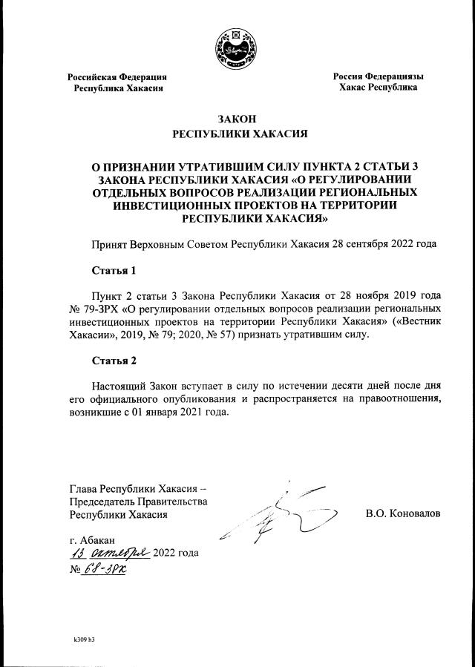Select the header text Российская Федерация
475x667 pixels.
(x=117, y=76)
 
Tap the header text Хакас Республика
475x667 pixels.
(x=378, y=88)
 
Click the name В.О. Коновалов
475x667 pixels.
(x=402, y=513)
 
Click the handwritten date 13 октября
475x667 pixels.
(x=110, y=553)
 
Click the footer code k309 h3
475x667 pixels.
(x=83, y=639)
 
